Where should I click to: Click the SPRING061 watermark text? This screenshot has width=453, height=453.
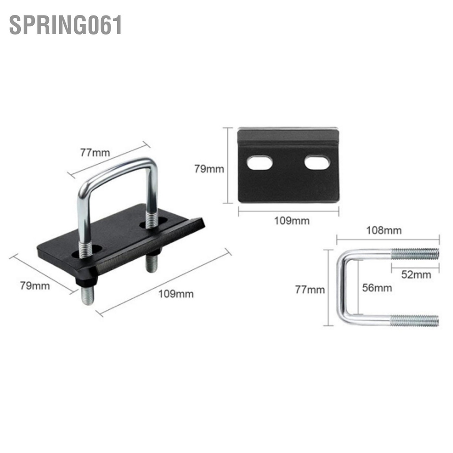[65, 25]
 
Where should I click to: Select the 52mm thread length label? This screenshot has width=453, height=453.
[416, 274]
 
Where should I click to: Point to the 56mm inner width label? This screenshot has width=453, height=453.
[377, 288]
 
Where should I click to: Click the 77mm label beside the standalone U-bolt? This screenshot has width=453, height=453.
[310, 290]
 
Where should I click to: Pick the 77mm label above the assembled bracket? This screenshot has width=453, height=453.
[95, 153]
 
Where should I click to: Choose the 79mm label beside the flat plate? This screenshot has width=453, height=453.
[209, 169]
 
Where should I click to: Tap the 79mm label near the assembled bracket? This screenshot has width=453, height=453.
[35, 285]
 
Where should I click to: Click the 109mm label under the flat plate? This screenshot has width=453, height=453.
[289, 220]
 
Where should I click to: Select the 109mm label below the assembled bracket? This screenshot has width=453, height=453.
[176, 293]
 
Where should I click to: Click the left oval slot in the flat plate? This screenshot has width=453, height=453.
[260, 163]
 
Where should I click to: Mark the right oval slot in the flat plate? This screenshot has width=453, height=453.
[317, 162]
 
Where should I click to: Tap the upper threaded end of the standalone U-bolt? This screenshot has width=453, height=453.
[415, 254]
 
